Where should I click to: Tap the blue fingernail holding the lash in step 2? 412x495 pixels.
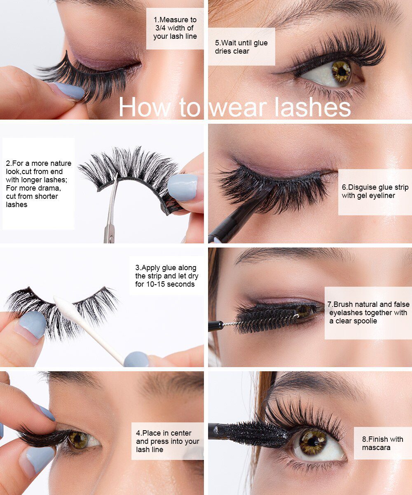tap(183, 187)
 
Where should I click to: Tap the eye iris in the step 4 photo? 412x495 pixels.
tap(77, 439)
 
